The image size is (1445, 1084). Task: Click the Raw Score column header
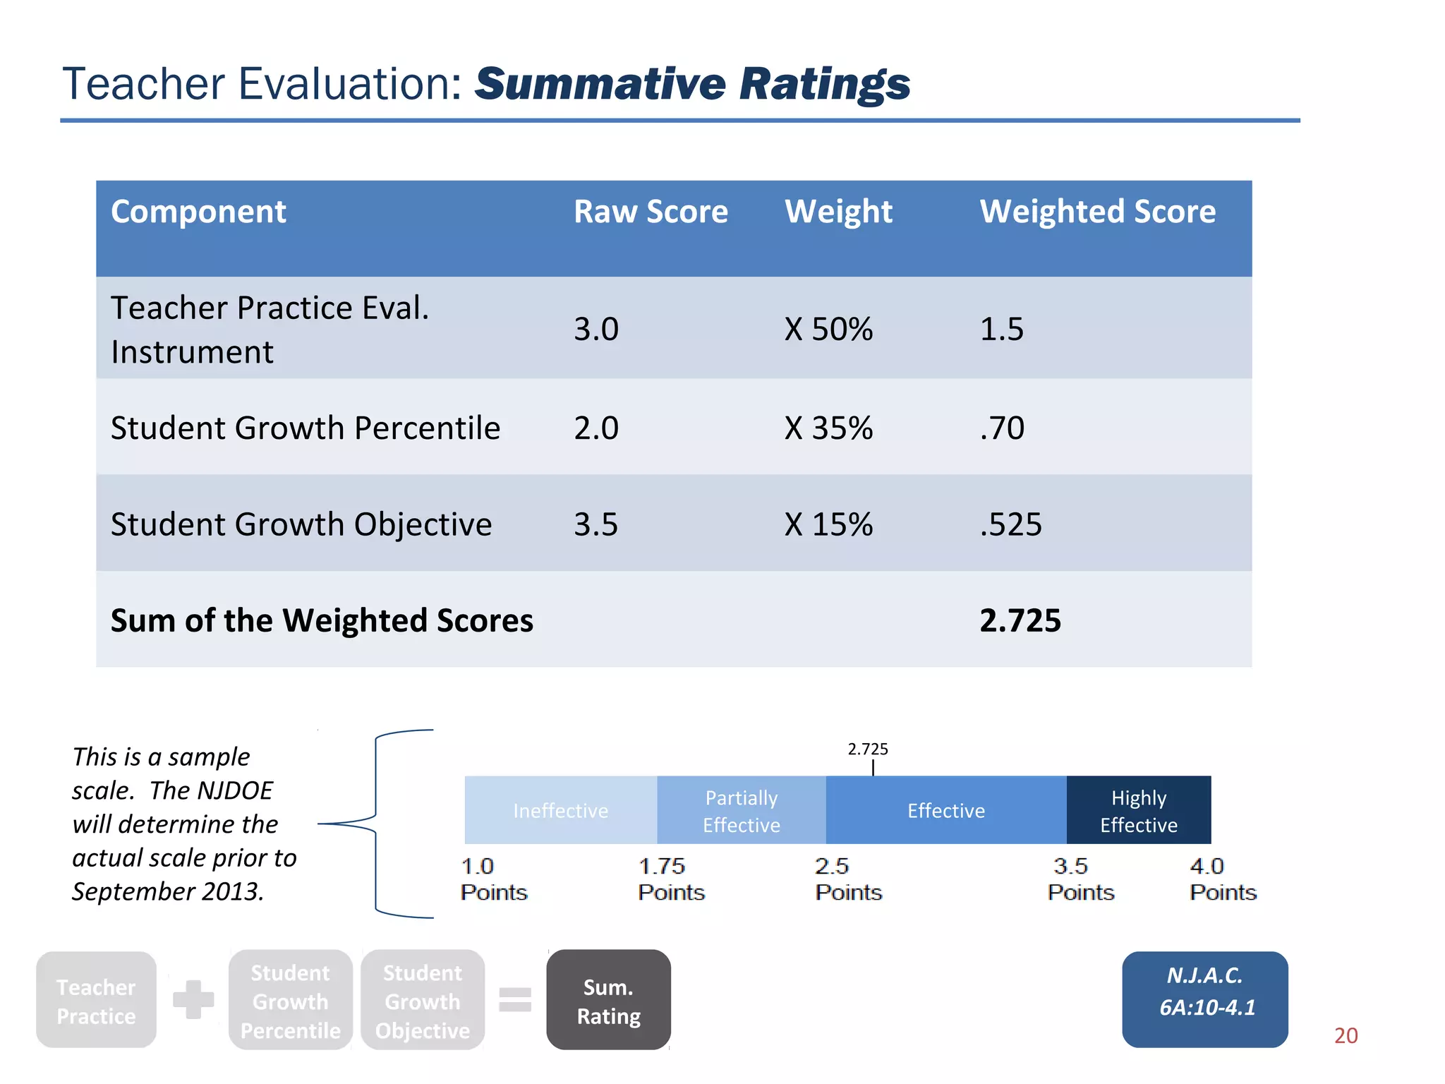click(x=651, y=212)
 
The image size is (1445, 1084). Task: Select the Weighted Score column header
click(x=1097, y=212)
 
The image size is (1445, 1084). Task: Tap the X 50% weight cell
click(x=828, y=329)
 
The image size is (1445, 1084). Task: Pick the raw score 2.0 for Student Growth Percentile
click(x=596, y=428)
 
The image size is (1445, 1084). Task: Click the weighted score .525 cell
click(x=1010, y=524)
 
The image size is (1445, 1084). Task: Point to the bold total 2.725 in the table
click(x=1020, y=620)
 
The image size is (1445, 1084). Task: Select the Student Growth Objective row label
click(x=301, y=524)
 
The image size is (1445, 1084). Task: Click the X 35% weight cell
click(x=828, y=428)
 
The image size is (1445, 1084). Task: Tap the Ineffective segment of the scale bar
click(x=560, y=810)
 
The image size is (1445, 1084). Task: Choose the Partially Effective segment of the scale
click(x=741, y=810)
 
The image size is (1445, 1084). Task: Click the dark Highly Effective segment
click(x=1138, y=810)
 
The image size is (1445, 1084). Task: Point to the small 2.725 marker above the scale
click(x=868, y=749)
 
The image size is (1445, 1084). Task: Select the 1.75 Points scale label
click(x=670, y=879)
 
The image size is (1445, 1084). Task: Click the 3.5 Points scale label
click(x=1080, y=879)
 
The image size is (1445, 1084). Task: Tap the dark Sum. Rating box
click(x=608, y=1000)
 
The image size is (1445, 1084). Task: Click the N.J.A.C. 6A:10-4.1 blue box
click(x=1205, y=999)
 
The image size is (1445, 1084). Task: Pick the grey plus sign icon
click(x=193, y=999)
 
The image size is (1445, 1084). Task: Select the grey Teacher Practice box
click(x=96, y=1000)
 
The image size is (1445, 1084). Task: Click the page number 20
click(x=1346, y=1035)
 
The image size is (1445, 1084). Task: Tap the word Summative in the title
click(x=600, y=84)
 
